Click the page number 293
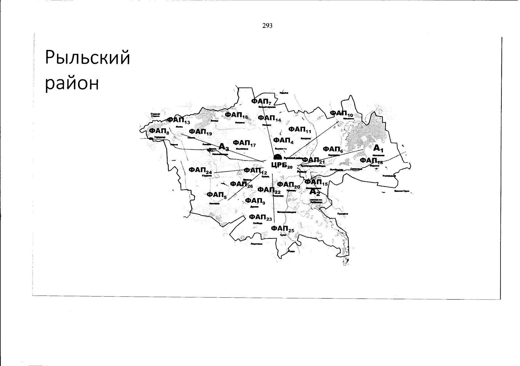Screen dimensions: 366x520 click(x=267, y=26)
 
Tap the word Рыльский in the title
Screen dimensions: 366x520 click(x=88, y=58)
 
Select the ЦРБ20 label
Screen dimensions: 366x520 click(x=281, y=166)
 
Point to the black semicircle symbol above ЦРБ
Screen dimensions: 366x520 click(x=278, y=157)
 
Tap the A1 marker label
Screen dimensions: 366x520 click(x=378, y=149)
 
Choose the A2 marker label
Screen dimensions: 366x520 click(x=315, y=192)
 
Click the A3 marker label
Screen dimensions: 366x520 click(x=224, y=147)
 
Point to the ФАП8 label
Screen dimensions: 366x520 click(x=159, y=131)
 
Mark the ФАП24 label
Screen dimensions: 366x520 click(x=200, y=170)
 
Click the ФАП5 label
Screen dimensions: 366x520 click(x=217, y=195)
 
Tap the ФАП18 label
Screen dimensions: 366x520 click(x=236, y=115)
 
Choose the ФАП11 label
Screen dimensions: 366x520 click(x=300, y=130)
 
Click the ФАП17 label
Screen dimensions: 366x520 click(x=244, y=143)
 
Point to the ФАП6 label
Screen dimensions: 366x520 click(x=333, y=149)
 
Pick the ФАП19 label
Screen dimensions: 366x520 click(x=200, y=132)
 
